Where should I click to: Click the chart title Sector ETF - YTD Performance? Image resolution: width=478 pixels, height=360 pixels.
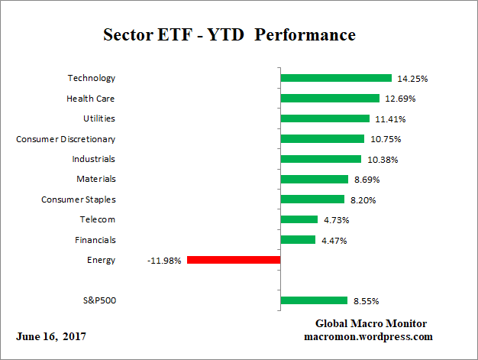coord(229,35)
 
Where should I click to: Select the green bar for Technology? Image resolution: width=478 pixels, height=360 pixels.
coord(336,78)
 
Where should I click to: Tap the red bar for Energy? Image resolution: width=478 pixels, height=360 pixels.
coord(234,260)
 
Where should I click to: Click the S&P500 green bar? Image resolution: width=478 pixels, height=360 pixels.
coord(314,300)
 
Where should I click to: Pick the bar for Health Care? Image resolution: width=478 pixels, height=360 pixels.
coord(330,98)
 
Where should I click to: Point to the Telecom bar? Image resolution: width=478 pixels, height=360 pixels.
coord(299,219)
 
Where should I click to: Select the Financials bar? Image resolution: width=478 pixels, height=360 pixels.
coord(299,240)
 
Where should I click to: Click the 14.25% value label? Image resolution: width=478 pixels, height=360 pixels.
coord(412,78)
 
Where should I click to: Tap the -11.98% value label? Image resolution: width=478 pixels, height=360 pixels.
coord(164,261)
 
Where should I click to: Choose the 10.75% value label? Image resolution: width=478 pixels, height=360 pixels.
coord(385,139)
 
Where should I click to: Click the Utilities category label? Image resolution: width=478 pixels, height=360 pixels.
coord(99,118)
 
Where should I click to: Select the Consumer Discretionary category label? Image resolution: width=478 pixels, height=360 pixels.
coord(66,138)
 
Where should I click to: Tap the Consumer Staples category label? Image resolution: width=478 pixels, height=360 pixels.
coord(78,199)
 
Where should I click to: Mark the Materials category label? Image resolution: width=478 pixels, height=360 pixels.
coord(96,179)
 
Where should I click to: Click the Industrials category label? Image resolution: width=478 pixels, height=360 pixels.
coord(94,159)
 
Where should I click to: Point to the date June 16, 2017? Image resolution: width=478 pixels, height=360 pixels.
coord(50,336)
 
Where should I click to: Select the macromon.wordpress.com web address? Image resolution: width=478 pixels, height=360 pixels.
coord(369,336)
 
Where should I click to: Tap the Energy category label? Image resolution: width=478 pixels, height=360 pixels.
coord(102,260)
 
